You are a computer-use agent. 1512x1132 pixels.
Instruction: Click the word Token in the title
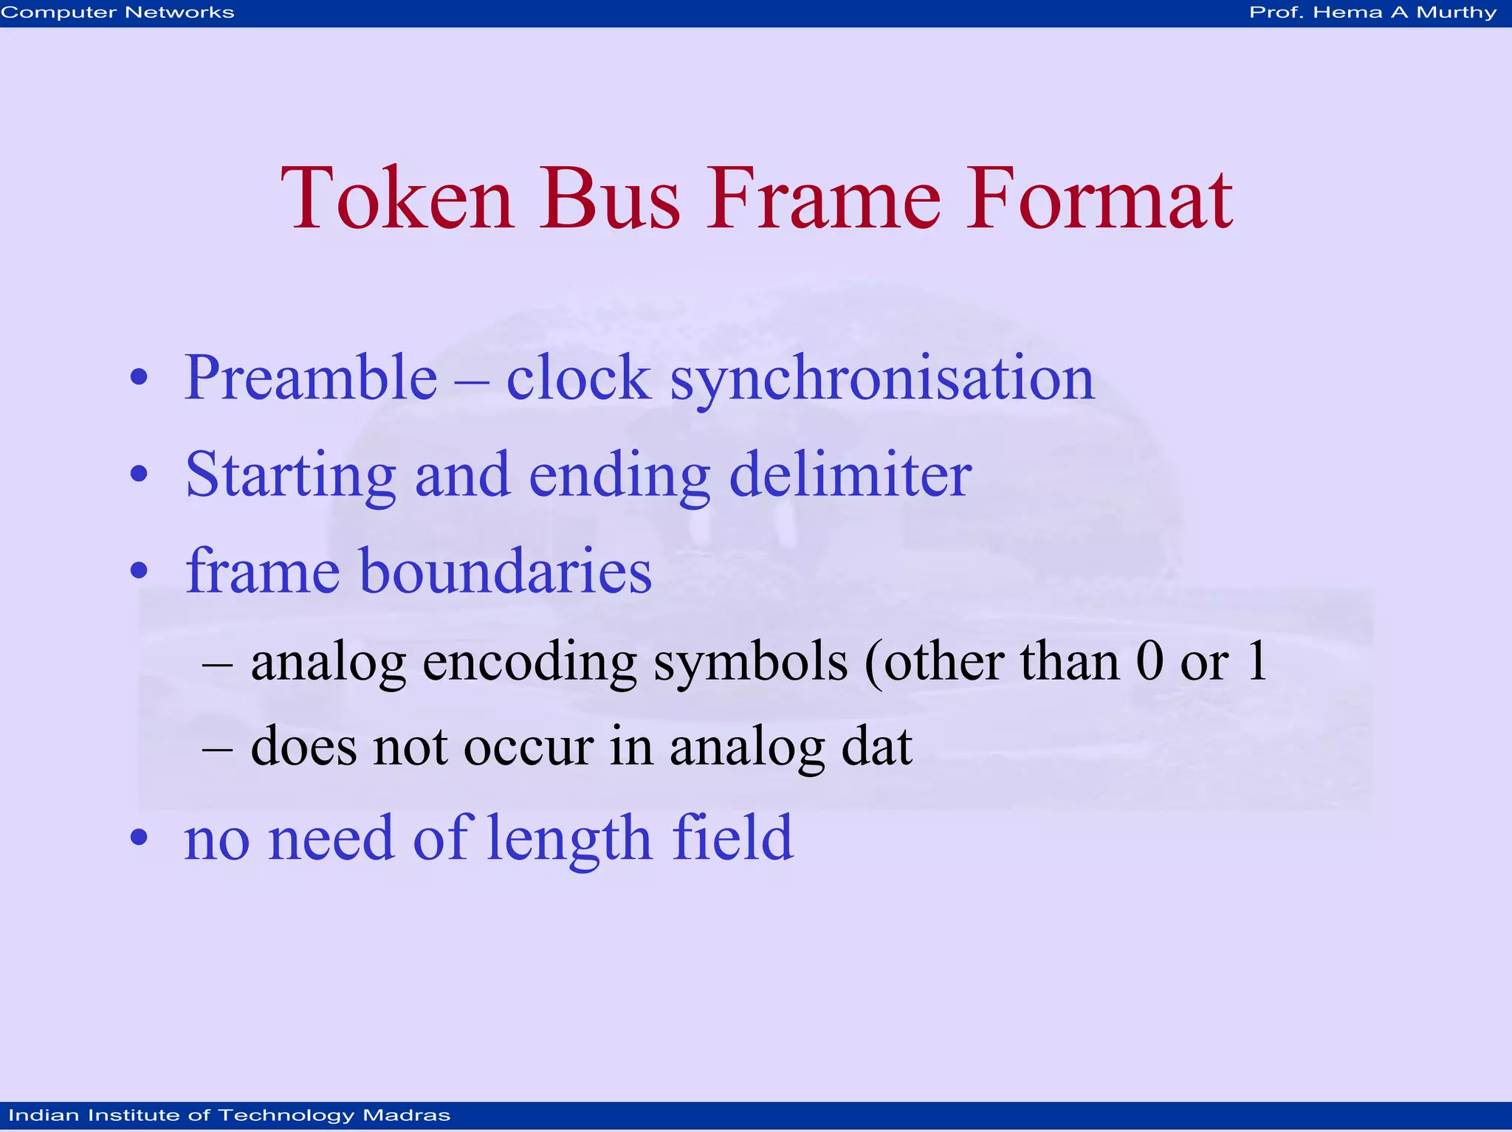(396, 198)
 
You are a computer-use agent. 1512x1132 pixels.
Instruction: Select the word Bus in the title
(609, 198)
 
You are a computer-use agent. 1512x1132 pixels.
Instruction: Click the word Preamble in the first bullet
(311, 378)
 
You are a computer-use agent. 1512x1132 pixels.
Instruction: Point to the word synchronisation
(882, 379)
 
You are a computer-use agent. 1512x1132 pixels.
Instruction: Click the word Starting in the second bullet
(290, 476)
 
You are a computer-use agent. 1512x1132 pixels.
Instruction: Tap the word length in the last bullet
(569, 839)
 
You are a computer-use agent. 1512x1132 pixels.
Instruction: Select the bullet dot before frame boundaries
(139, 570)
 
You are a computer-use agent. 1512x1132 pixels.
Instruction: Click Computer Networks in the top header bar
(117, 13)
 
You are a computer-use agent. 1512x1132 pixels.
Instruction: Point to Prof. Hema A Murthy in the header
(1372, 13)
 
